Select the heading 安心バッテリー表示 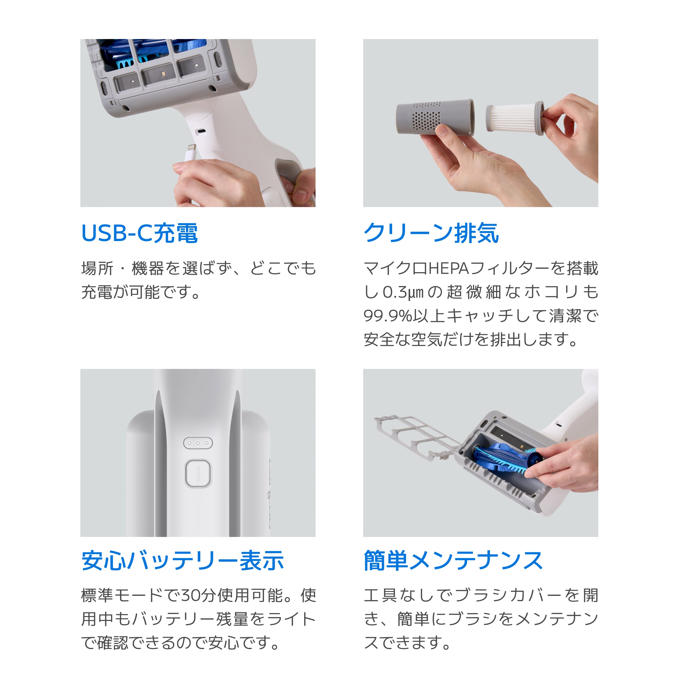182,560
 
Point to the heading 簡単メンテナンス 453,560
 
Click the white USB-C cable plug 192,151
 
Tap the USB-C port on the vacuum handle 201,132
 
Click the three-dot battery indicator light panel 198,443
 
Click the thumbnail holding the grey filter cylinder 480,123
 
